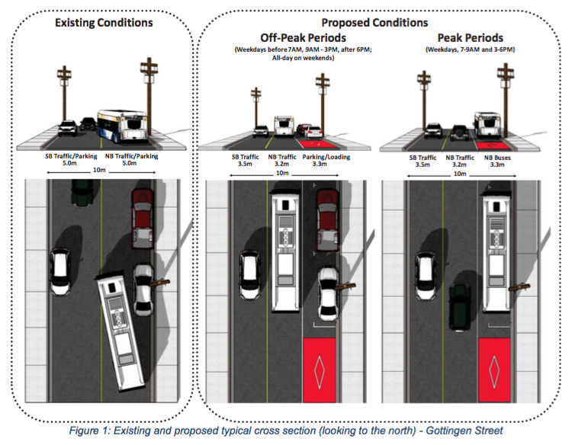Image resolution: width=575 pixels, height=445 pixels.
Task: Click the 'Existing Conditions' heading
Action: coord(104,23)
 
